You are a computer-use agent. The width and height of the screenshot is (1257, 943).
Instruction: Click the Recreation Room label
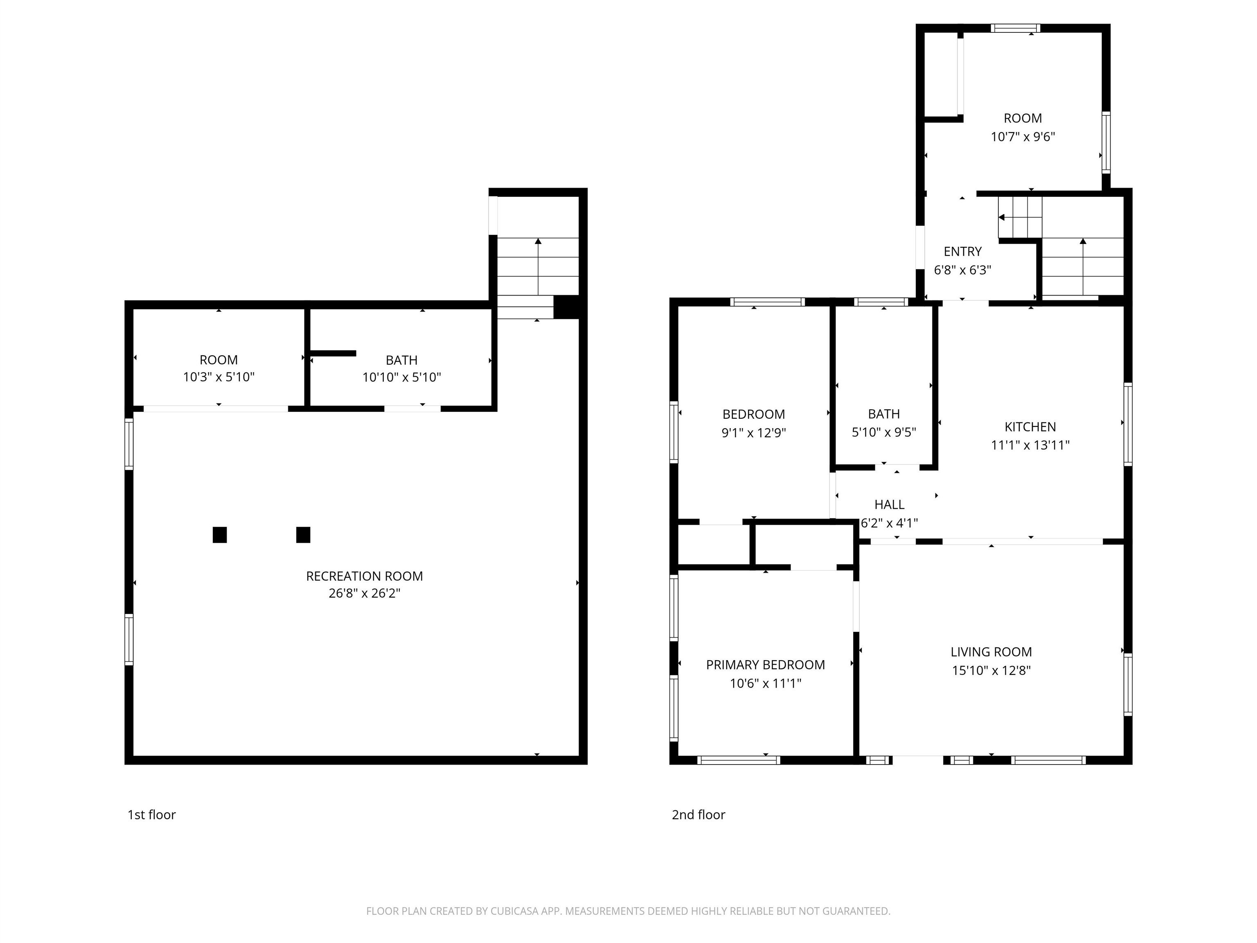(x=364, y=576)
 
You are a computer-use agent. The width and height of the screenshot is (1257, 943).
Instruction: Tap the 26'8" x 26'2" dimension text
(x=364, y=593)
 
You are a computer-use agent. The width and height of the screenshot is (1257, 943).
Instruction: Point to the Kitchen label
(x=1030, y=427)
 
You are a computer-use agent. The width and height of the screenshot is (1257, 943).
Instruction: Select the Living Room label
(x=991, y=652)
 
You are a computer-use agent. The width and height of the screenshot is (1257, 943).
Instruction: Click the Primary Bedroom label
(x=766, y=665)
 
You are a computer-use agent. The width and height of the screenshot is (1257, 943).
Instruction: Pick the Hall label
(x=889, y=505)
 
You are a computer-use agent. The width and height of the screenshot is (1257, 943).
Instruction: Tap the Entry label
(x=963, y=252)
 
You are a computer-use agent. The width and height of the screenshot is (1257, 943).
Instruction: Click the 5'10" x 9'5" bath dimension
(x=884, y=433)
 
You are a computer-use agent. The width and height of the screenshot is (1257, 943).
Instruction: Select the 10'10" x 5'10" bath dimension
(x=402, y=377)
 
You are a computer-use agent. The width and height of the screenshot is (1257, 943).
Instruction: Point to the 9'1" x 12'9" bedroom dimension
(x=754, y=433)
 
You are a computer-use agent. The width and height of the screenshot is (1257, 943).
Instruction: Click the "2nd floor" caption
(x=698, y=814)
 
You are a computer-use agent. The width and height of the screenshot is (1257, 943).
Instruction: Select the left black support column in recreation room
(x=220, y=535)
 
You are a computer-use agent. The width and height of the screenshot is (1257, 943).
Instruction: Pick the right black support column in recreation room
(x=304, y=535)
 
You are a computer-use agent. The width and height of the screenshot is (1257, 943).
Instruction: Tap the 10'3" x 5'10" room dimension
(x=219, y=377)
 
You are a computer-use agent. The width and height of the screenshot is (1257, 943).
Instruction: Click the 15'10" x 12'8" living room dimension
(x=991, y=670)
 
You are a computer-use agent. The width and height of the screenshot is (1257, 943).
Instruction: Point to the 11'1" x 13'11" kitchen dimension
(x=1030, y=445)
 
